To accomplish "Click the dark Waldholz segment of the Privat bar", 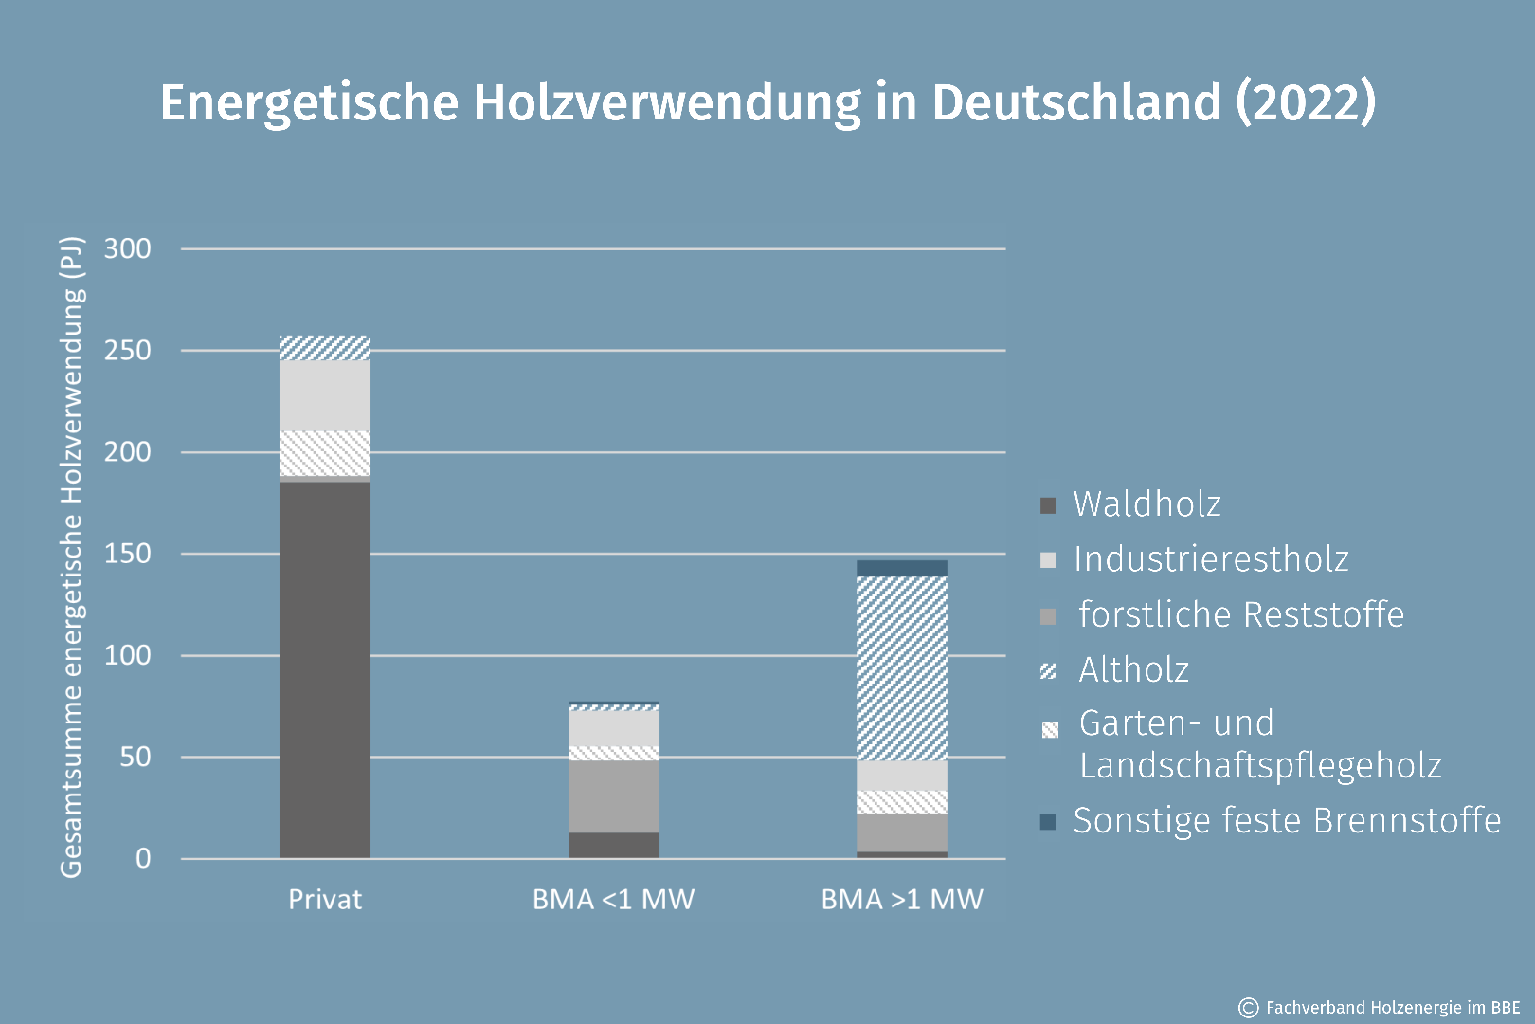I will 324,669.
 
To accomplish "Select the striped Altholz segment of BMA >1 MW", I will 901,668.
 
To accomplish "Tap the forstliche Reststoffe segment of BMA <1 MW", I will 613,796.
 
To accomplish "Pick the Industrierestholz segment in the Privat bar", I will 324,395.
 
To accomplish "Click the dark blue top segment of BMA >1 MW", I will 901,568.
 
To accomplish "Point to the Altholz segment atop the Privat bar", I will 324,348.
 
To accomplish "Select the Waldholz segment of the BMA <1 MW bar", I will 613,845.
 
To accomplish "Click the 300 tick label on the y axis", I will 127,249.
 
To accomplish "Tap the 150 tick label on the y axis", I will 127,554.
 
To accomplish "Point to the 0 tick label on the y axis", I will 143,859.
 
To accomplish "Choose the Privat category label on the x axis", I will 325,899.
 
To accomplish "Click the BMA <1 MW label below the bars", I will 613,899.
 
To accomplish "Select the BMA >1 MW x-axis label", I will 902,899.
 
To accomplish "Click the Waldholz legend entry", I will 1147,504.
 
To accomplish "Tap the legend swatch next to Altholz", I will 1048,671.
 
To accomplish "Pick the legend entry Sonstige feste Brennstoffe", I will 1286,820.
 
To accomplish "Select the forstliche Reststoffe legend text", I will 1241,614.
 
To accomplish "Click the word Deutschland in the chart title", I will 1076,102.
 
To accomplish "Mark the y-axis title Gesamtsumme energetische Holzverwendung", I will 72,558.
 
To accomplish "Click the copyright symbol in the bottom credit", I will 1249,1007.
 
